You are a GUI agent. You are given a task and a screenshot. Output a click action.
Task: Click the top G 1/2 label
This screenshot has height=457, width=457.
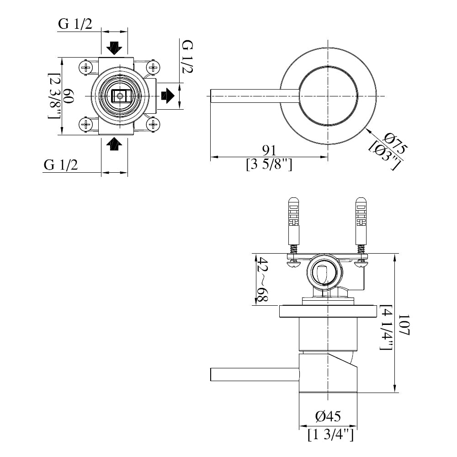tap(75, 24)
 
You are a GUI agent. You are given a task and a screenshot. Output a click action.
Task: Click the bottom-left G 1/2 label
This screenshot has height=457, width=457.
tap(61, 165)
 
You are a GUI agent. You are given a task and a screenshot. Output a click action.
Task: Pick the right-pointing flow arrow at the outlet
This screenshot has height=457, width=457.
tap(168, 96)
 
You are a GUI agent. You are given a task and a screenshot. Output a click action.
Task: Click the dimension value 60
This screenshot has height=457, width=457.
tap(68, 96)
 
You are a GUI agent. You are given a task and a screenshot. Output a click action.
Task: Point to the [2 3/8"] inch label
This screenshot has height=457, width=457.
tap(54, 96)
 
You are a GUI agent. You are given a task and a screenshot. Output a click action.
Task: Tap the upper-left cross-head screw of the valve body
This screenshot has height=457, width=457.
tap(85, 68)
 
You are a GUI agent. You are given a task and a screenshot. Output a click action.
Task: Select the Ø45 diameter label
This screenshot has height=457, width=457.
tap(328, 416)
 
